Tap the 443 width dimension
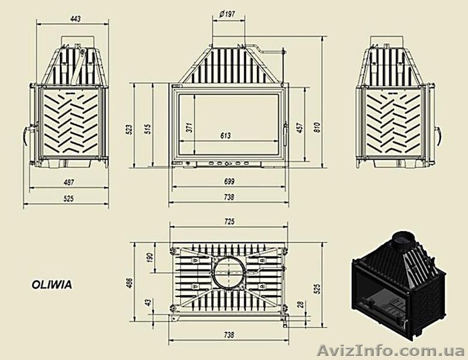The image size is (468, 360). pyautogui.click(x=74, y=19)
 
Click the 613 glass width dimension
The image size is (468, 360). pyautogui.click(x=226, y=136)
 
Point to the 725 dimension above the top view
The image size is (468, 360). pyautogui.click(x=229, y=221)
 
